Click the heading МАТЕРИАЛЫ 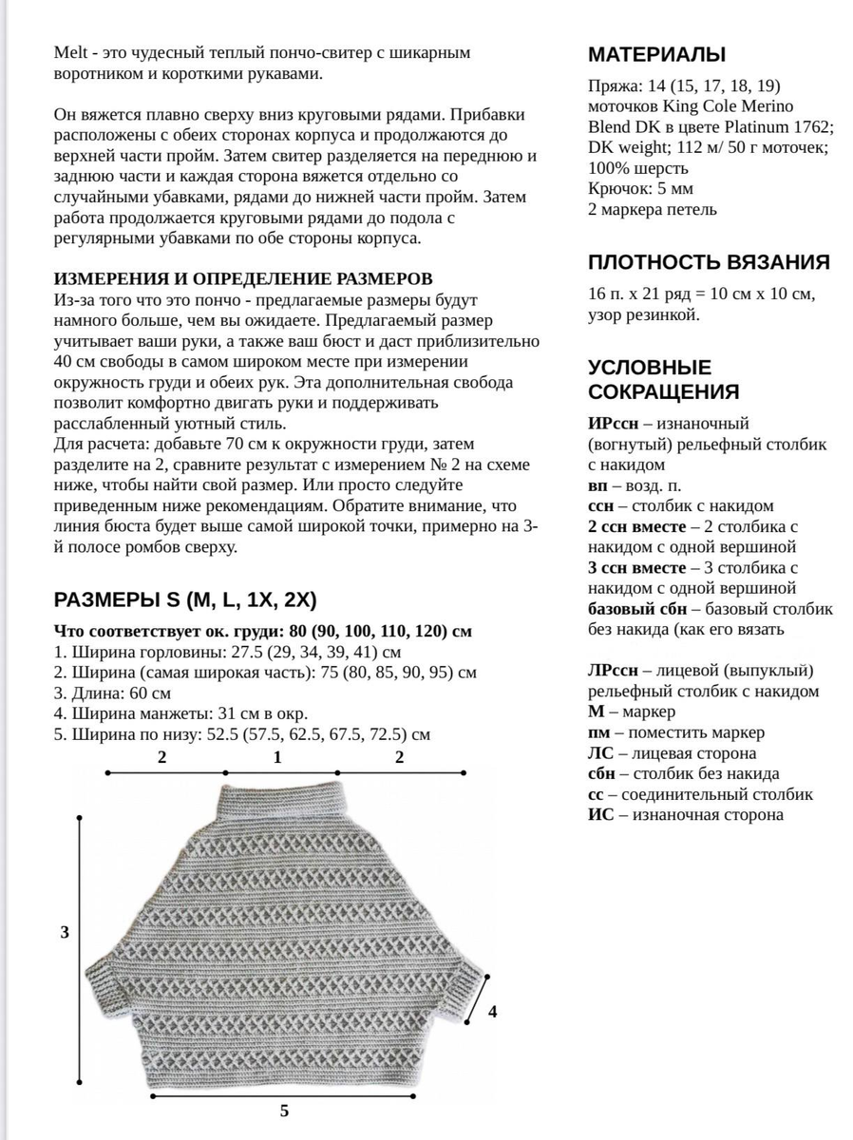[x=657, y=53]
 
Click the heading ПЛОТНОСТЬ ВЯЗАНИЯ [x=709, y=262]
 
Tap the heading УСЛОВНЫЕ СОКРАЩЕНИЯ [x=663, y=380]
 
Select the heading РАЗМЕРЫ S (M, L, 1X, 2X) [x=185, y=599]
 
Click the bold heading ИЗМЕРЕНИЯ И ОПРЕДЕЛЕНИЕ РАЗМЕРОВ [x=243, y=278]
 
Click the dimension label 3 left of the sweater [x=65, y=932]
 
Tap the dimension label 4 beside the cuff [x=492, y=1012]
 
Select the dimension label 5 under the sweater [x=284, y=1111]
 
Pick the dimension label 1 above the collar [x=277, y=757]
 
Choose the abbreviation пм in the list [x=598, y=732]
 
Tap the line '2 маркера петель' [x=653, y=209]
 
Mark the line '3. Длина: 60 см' [x=113, y=693]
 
